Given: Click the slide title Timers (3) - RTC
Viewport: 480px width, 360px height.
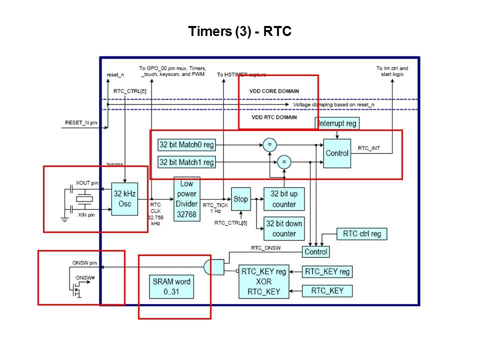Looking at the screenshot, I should (239, 31).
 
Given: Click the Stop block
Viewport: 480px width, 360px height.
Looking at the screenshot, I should (240, 199).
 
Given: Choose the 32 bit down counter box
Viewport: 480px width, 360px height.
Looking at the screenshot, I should (284, 228).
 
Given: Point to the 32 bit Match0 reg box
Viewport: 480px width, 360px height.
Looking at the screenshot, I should (186, 145).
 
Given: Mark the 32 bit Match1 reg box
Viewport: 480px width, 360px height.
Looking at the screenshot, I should (186, 162).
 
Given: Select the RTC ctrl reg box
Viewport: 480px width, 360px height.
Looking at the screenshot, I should (362, 233).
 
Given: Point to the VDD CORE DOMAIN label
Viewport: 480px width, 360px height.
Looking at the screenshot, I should (274, 91).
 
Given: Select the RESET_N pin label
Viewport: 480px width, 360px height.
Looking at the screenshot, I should (81, 122).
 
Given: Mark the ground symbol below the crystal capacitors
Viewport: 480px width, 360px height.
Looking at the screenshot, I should (64, 220).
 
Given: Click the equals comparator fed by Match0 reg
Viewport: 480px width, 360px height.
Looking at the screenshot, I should (269, 145).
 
